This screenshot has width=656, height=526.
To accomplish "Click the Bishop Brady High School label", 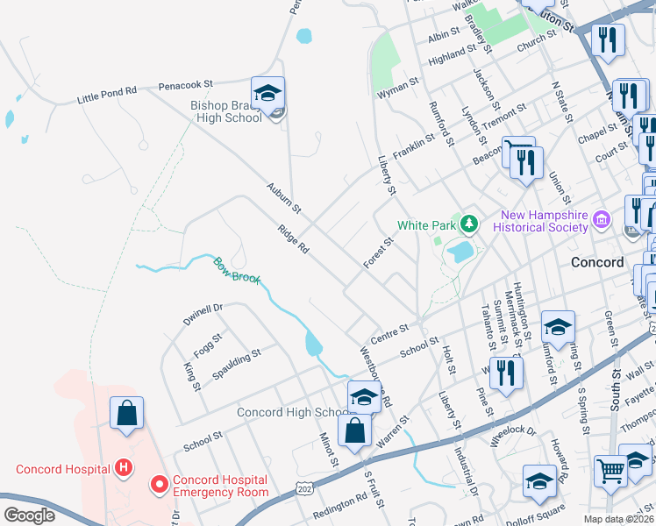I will pyautogui.click(x=226, y=111).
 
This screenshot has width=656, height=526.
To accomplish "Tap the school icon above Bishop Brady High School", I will pyautogui.click(x=268, y=93).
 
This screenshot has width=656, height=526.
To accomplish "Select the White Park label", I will pyautogui.click(x=425, y=225).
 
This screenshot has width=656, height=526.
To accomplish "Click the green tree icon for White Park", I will pyautogui.click(x=470, y=224).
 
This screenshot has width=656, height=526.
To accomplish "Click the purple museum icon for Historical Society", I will pyautogui.click(x=602, y=218).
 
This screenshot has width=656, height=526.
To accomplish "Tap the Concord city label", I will pyautogui.click(x=596, y=262).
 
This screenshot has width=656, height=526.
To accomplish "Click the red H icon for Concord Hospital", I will pyautogui.click(x=125, y=468).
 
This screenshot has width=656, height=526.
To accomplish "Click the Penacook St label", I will pyautogui.click(x=186, y=85).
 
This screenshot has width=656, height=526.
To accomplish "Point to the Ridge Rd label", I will pyautogui.click(x=293, y=238).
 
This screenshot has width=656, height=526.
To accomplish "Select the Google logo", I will pyautogui.click(x=29, y=515).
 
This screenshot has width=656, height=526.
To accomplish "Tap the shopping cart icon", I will pyautogui.click(x=611, y=469).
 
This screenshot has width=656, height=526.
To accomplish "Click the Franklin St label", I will pyautogui.click(x=414, y=141).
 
